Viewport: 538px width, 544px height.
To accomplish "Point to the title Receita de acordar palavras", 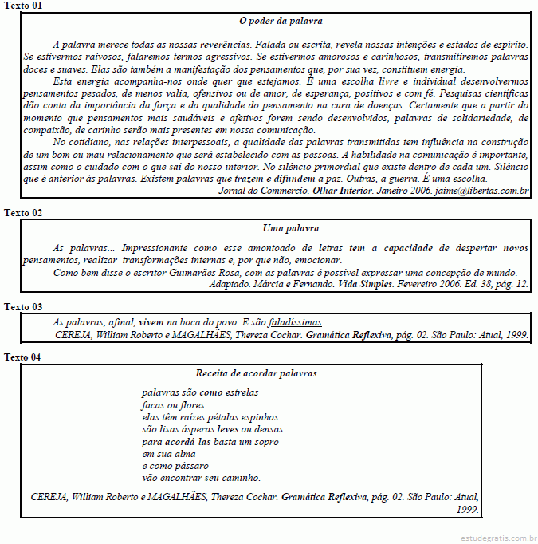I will [x=256, y=373].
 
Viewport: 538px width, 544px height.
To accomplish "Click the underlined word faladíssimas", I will [x=295, y=322].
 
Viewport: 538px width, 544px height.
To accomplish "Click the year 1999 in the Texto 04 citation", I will [x=467, y=507].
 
